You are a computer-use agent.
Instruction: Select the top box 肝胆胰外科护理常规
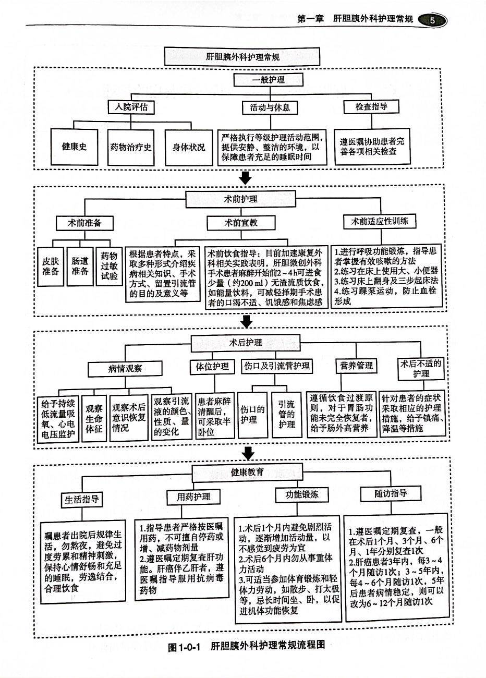pos(241,56)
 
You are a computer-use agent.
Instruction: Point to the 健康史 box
pos(74,147)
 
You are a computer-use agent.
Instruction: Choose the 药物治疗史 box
pos(131,147)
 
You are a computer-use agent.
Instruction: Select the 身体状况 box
pos(188,147)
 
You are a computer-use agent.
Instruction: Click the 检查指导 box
pos(371,106)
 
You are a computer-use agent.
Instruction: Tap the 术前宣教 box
pos(241,223)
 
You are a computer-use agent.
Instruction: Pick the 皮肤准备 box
pos(51,265)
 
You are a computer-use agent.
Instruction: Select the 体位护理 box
pos(212,367)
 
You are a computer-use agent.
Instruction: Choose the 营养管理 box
pos(357,366)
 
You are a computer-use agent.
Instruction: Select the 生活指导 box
pos(81,499)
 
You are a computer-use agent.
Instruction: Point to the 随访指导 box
pos(391,493)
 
